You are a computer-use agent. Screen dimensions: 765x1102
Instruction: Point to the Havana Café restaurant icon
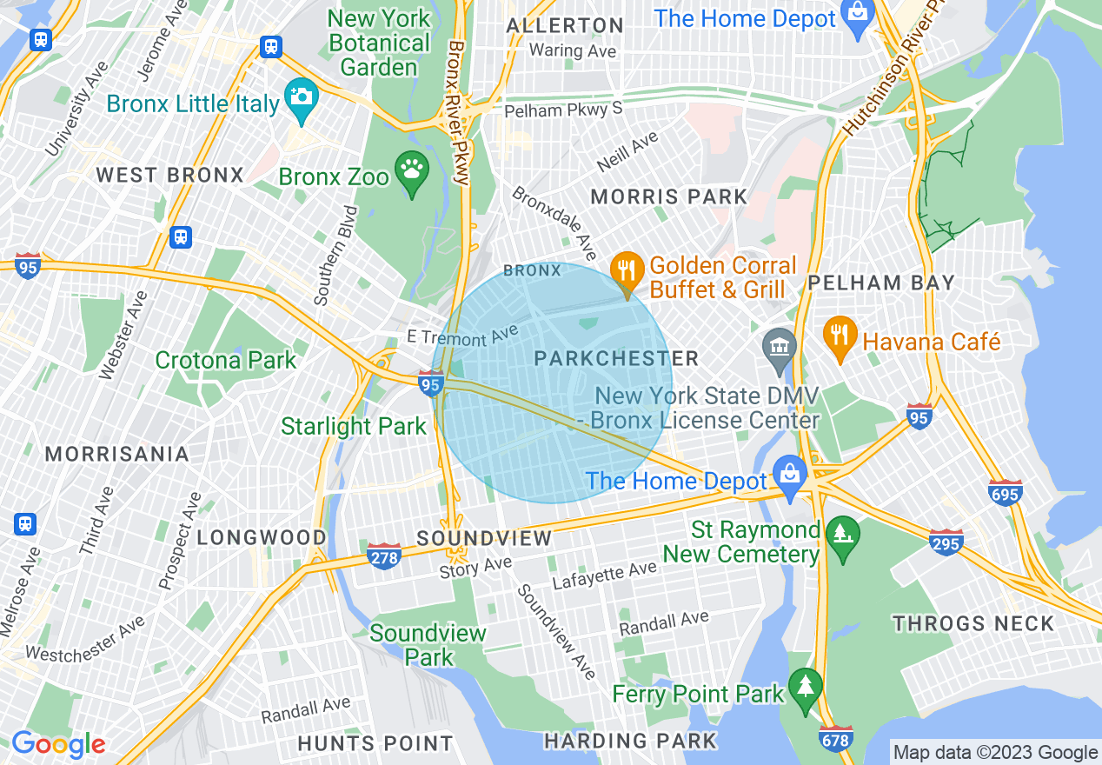pos(840,336)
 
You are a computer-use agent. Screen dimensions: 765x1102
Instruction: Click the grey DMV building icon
pos(779,346)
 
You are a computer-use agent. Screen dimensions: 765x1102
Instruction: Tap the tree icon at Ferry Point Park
pos(806,688)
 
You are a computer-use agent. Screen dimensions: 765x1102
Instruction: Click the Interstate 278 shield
pos(382,555)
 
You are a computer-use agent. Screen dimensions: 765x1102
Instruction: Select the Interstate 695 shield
pos(1006,492)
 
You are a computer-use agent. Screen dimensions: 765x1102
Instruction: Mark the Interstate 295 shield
pos(946,542)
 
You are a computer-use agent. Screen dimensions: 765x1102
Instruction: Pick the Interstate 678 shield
pos(835,738)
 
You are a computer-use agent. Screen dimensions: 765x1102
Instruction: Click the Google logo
pos(58,744)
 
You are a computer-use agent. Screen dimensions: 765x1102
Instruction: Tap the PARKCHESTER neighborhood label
pos(615,358)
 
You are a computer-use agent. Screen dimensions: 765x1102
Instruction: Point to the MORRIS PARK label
pos(668,197)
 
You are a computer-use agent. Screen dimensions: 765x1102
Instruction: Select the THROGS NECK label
pos(973,623)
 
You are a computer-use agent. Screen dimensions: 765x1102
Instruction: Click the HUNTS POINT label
pos(375,743)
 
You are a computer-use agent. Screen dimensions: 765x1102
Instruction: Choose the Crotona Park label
pos(226,360)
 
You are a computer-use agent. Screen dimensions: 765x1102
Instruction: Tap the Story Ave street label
pos(475,569)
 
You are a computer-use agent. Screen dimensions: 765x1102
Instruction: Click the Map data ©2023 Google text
pos(995,753)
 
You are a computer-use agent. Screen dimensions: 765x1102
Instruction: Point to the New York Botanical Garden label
pos(379,43)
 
